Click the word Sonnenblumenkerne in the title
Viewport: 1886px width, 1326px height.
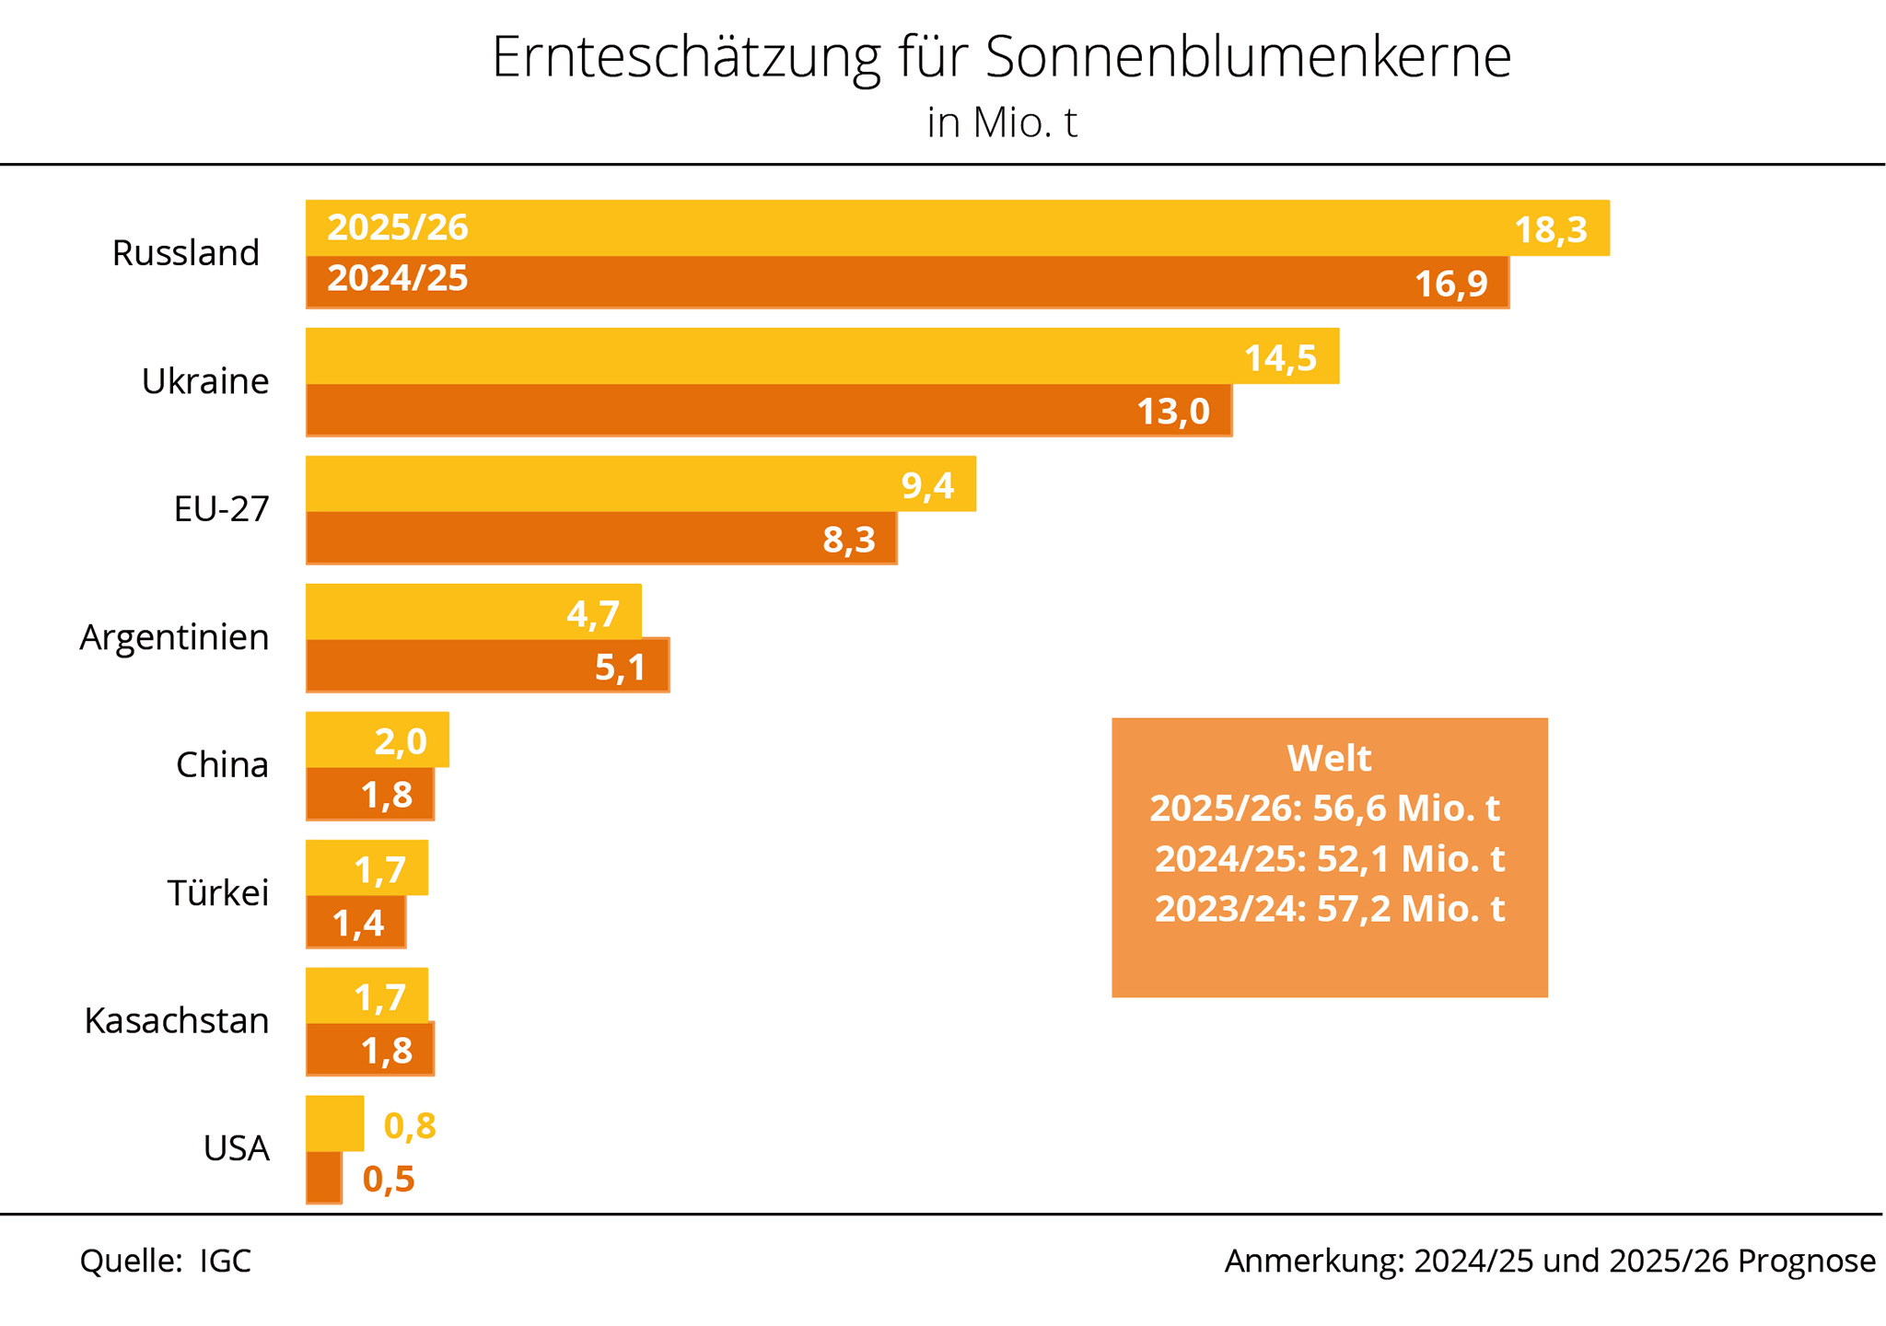pyautogui.click(x=1248, y=57)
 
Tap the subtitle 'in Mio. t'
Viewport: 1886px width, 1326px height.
pyautogui.click(x=1001, y=123)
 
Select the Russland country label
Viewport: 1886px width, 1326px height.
pyautogui.click(x=185, y=253)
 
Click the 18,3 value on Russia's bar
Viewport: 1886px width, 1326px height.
pyautogui.click(x=1551, y=230)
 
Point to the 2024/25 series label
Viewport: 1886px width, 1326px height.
pyautogui.click(x=398, y=278)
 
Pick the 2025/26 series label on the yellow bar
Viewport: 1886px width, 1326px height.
pyautogui.click(x=398, y=227)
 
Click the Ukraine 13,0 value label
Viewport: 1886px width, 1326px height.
pyautogui.click(x=1173, y=411)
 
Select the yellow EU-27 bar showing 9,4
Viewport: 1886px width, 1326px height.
pyautogui.click(x=640, y=483)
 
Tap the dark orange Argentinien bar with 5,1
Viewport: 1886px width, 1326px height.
pyautogui.click(x=487, y=666)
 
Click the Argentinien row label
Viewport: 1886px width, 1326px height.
pyautogui.click(x=174, y=637)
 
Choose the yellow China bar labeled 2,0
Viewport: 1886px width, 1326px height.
pyautogui.click(x=377, y=739)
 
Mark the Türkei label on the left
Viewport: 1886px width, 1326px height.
pyautogui.click(x=218, y=893)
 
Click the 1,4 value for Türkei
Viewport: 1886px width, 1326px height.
pyautogui.click(x=358, y=923)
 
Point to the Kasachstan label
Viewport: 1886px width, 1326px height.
pyautogui.click(x=177, y=1021)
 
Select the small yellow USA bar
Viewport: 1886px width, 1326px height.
pyautogui.click(x=334, y=1122)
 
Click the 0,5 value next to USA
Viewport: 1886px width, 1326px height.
pyautogui.click(x=389, y=1180)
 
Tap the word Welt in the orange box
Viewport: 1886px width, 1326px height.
pyautogui.click(x=1329, y=759)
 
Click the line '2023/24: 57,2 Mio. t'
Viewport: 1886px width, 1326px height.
pyautogui.click(x=1329, y=909)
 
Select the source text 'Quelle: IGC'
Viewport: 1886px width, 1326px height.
pyautogui.click(x=166, y=1261)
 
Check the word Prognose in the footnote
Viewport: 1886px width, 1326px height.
pyautogui.click(x=1806, y=1261)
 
